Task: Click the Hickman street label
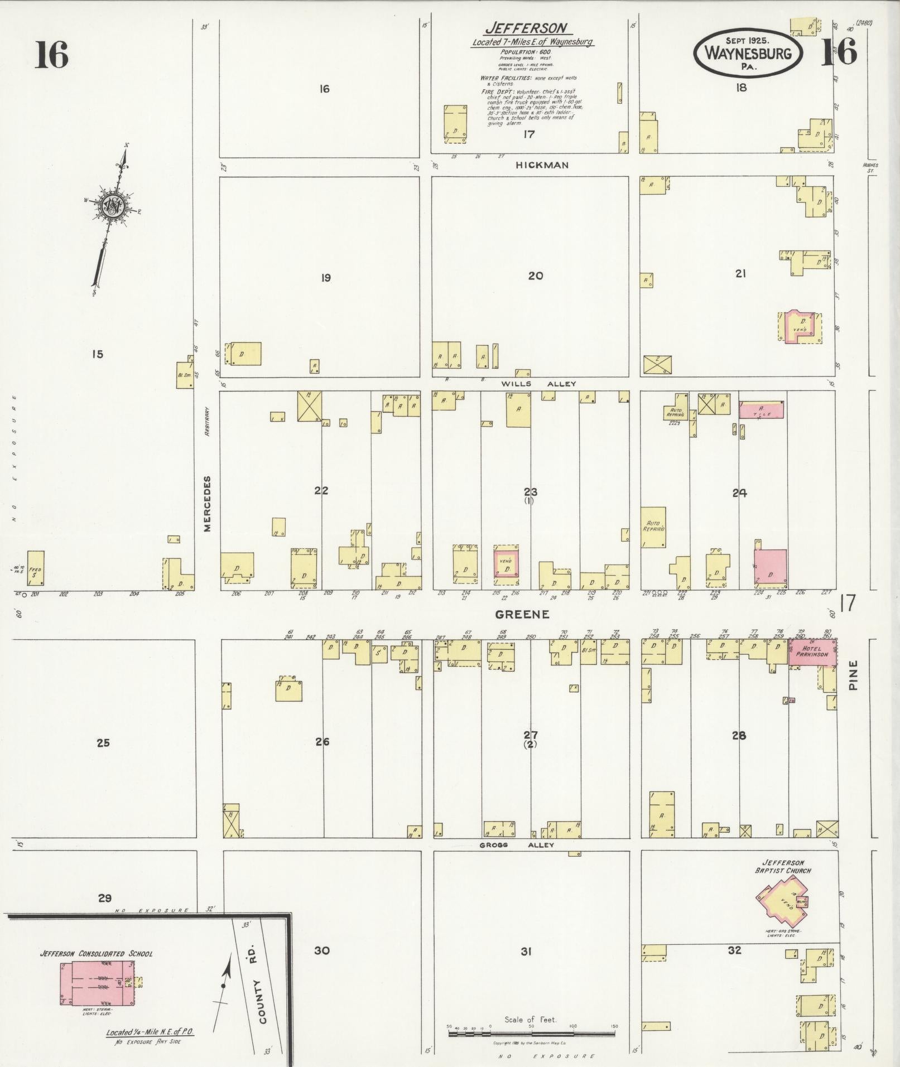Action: tap(534, 165)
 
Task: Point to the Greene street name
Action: tap(522, 614)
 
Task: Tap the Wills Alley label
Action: tap(538, 384)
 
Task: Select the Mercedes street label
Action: tap(208, 504)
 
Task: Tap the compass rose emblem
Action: tap(112, 207)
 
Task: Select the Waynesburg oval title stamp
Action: tap(748, 54)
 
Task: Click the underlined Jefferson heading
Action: tap(526, 28)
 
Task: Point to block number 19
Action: tap(325, 278)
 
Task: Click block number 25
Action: tap(103, 742)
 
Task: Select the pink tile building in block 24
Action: tap(761, 410)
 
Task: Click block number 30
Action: tap(322, 950)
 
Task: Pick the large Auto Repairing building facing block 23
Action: tap(653, 527)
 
